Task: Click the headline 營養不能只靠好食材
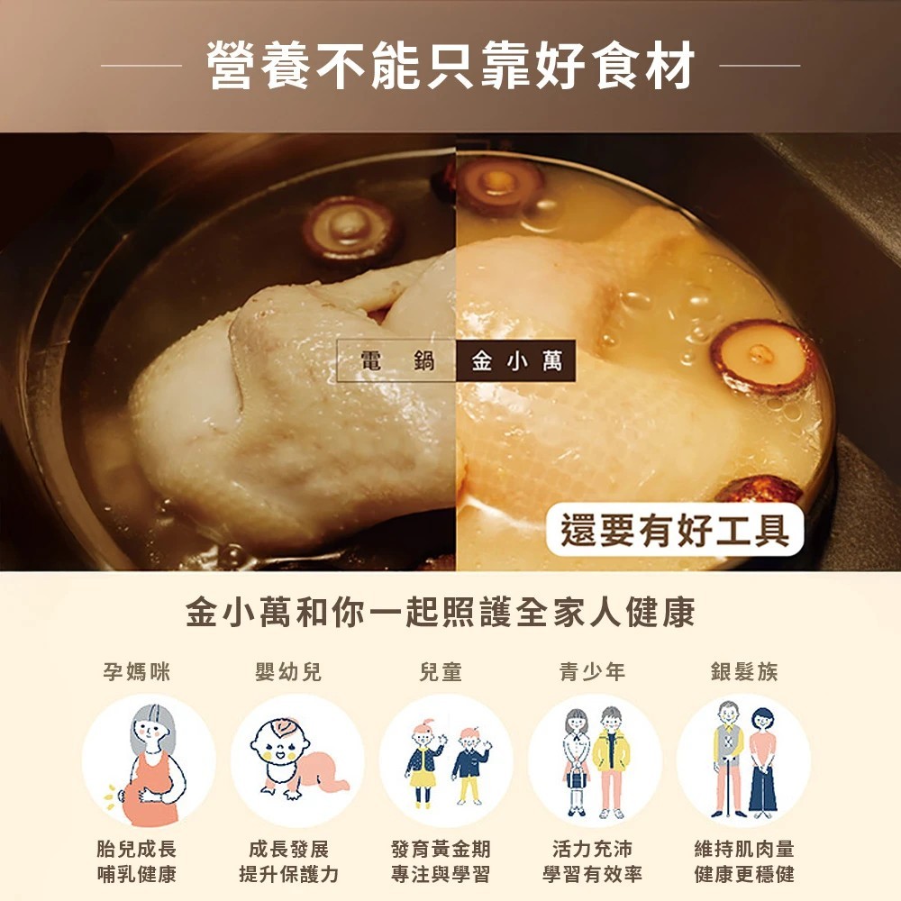(x=450, y=65)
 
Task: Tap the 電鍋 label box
(x=396, y=361)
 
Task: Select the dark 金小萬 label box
(x=516, y=361)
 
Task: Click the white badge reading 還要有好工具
(x=675, y=529)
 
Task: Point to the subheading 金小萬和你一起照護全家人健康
(x=441, y=612)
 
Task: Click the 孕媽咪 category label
(x=137, y=671)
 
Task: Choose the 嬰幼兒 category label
(x=288, y=671)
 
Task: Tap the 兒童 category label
(x=441, y=671)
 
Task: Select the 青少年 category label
(x=593, y=671)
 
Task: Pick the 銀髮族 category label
(x=744, y=671)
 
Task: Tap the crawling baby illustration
(x=296, y=759)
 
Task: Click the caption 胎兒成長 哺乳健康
(x=137, y=861)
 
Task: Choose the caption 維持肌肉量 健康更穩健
(x=744, y=861)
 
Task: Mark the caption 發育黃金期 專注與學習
(x=441, y=861)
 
